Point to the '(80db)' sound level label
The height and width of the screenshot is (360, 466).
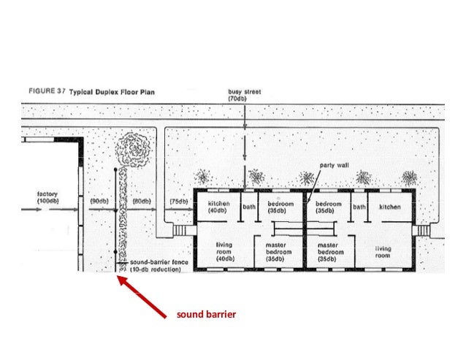141,200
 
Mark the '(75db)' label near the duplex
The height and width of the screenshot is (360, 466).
176,200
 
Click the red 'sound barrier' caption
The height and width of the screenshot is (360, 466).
206,315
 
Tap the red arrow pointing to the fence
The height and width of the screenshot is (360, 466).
145,296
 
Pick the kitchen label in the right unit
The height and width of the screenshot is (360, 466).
389,207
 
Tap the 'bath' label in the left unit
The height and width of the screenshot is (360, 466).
249,207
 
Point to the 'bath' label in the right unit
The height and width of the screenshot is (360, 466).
359,207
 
